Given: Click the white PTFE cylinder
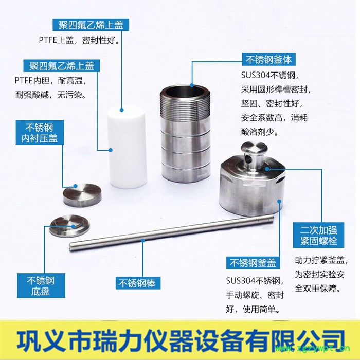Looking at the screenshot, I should [127, 147].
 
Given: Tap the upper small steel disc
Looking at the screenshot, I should [81, 194].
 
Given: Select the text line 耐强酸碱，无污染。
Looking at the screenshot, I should [50, 95].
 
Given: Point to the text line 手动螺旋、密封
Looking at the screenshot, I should [255, 295].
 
